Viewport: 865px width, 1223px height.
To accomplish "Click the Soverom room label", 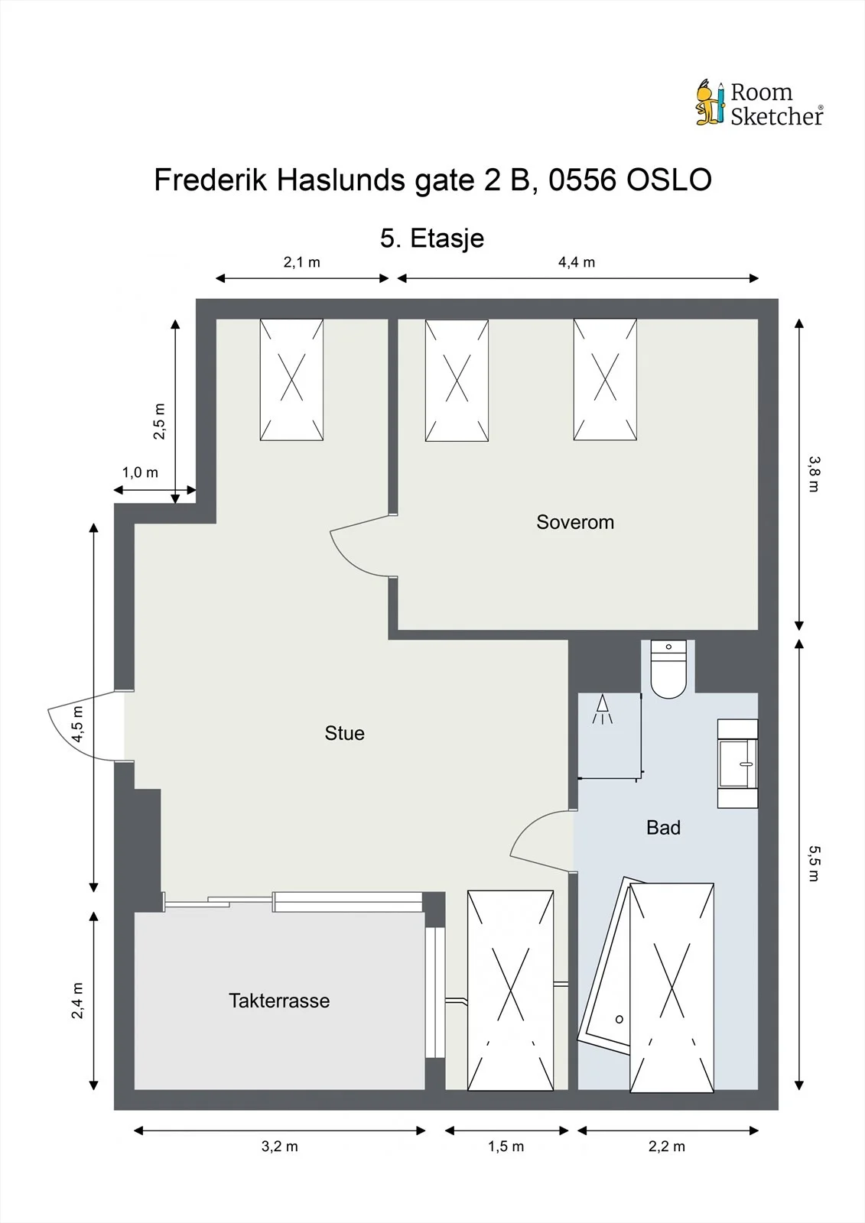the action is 575,523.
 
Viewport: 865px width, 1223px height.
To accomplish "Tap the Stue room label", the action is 344,733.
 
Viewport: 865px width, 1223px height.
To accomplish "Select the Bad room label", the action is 663,828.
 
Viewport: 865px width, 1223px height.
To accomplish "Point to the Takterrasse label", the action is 279,1001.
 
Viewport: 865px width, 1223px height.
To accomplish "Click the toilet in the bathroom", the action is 668,669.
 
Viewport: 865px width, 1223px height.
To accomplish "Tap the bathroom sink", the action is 738,764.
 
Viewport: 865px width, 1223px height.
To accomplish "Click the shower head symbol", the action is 603,709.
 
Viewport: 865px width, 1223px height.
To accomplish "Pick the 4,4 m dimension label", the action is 577,263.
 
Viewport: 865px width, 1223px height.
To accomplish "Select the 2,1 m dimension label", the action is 301,263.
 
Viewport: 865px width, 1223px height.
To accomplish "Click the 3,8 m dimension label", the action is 815,474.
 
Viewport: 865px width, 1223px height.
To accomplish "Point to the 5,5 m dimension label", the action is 815,863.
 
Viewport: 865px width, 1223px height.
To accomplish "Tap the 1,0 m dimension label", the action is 140,472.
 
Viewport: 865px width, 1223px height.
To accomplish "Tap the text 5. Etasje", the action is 432,238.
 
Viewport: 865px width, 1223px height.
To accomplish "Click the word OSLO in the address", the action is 669,180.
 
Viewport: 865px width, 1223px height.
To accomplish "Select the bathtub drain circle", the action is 619,1020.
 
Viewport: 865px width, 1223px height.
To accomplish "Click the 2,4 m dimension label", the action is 77,1001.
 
